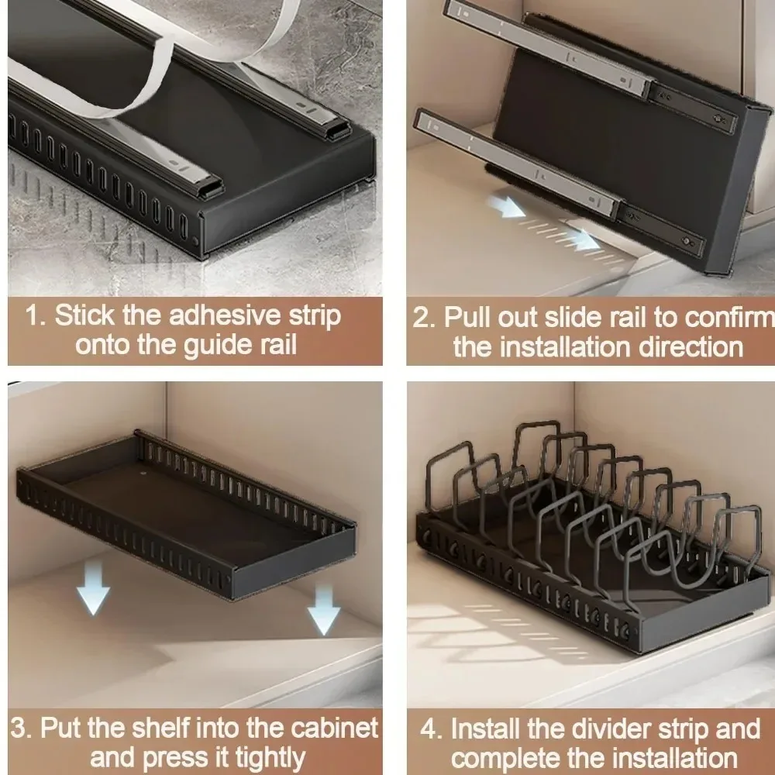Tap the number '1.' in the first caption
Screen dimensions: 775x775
(x=37, y=316)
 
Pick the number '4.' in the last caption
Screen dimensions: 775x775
(x=432, y=729)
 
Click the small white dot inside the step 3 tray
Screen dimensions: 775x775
(x=145, y=470)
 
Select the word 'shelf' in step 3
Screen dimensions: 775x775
(x=153, y=728)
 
